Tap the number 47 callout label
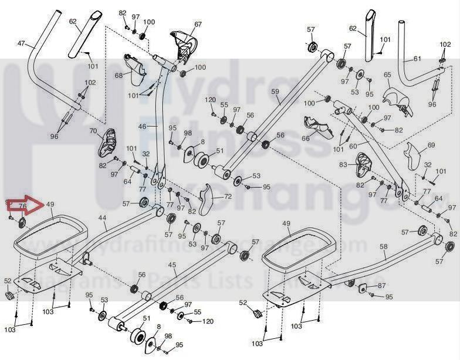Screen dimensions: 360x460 (22, 44)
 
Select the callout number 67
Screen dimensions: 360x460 (198, 24)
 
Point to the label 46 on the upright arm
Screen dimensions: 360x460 (143, 126)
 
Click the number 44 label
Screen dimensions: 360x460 (102, 218)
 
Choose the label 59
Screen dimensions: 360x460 (275, 92)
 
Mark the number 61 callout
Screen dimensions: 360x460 (417, 59)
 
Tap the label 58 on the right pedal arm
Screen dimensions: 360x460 (383, 248)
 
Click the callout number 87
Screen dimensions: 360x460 (381, 285)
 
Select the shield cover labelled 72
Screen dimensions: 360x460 (206, 200)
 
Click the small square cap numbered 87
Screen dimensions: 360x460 (362, 287)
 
